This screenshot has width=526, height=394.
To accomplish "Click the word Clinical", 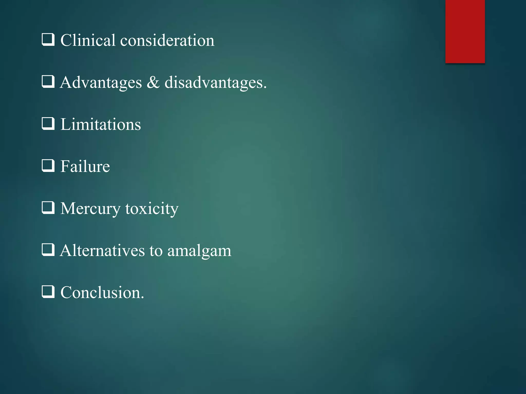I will pyautogui.click(x=88, y=40).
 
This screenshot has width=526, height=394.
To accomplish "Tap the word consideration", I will pyautogui.click(x=167, y=41).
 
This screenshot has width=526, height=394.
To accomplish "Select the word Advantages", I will pyautogui.click(x=101, y=83).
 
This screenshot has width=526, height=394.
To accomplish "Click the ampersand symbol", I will pyautogui.click(x=153, y=83).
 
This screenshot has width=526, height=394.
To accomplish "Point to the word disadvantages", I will pyautogui.click(x=215, y=83).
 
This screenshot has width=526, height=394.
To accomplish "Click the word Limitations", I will pyautogui.click(x=100, y=124).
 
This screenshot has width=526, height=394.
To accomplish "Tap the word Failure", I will pyautogui.click(x=85, y=166).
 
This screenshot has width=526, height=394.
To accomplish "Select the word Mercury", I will pyautogui.click(x=90, y=209).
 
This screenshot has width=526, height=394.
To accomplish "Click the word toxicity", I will pyautogui.click(x=152, y=209).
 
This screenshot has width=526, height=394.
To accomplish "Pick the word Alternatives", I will pyautogui.click(x=102, y=250).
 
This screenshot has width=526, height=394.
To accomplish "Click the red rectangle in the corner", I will pyautogui.click(x=465, y=31).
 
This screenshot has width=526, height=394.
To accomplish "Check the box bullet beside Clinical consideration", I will pyautogui.click(x=48, y=40).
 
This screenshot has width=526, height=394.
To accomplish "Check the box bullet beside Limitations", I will pyautogui.click(x=48, y=124).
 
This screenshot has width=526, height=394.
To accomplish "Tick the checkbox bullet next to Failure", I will pyautogui.click(x=48, y=166).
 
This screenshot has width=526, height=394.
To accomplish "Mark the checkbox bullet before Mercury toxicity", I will pyautogui.click(x=48, y=208).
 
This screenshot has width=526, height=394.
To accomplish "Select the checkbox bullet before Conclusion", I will pyautogui.click(x=48, y=292).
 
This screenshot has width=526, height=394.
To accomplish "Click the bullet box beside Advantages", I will pyautogui.click(x=48, y=82).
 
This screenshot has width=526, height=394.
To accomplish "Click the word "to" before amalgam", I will pyautogui.click(x=156, y=251).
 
